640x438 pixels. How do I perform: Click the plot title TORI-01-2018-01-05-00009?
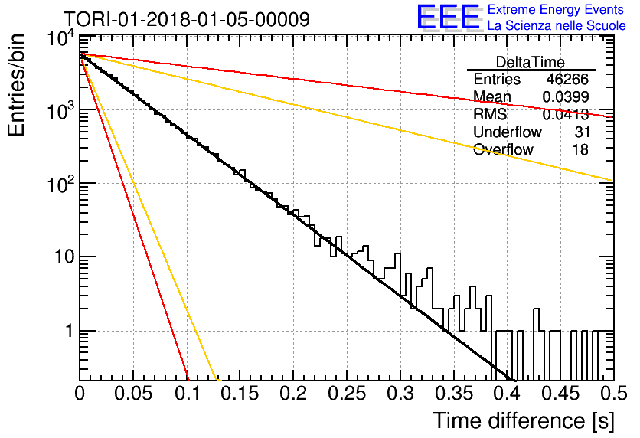coord(187,19)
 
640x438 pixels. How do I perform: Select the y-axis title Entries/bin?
coord(16,85)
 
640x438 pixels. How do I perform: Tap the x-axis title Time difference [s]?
coord(524,421)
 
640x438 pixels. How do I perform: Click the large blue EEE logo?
coord(449,17)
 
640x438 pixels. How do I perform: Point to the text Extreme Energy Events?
coord(556,9)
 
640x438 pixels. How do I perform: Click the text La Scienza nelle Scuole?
coord(557,26)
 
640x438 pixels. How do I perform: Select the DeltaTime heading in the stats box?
coord(531,63)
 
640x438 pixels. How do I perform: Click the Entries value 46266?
coord(567,79)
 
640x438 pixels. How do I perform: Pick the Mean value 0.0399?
coord(565,97)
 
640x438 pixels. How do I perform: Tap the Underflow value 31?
coord(582,132)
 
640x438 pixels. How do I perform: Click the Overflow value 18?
coord(580,150)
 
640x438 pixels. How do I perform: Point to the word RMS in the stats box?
coord(490,115)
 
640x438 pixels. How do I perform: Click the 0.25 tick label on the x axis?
coord(347,394)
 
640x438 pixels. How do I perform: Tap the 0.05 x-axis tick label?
coord(133,394)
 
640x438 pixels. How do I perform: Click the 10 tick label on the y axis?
coord(64,257)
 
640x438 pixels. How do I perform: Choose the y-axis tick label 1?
coord(70,331)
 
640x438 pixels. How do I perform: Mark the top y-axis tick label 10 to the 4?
coord(61,39)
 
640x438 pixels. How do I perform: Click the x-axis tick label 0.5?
coord(613,394)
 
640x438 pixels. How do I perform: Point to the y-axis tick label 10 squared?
coord(61,185)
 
